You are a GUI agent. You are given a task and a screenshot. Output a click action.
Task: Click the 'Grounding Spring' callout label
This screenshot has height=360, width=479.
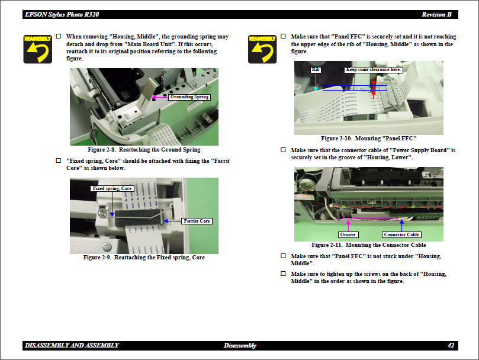pyautogui.click(x=189, y=97)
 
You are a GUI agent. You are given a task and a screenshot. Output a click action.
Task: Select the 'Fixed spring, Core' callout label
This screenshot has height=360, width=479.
pyautogui.click(x=112, y=188)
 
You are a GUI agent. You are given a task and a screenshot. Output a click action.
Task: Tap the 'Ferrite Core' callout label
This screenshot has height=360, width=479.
pyautogui.click(x=197, y=221)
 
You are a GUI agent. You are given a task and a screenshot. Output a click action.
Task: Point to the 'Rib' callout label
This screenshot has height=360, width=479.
pyautogui.click(x=315, y=70)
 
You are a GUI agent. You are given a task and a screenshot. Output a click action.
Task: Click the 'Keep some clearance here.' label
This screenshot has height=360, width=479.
pyautogui.click(x=374, y=70)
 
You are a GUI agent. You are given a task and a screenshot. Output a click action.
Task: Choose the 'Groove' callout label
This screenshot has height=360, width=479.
pyautogui.click(x=348, y=235)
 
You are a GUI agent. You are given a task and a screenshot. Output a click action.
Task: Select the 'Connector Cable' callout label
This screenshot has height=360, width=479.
pyautogui.click(x=401, y=235)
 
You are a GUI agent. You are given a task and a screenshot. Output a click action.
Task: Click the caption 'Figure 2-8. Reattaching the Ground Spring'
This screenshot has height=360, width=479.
pyautogui.click(x=144, y=150)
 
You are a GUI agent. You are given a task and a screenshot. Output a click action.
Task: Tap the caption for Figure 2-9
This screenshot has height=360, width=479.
pyautogui.click(x=144, y=258)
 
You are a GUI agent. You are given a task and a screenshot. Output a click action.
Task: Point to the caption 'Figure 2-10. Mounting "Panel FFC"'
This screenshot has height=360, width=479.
pyautogui.click(x=369, y=138)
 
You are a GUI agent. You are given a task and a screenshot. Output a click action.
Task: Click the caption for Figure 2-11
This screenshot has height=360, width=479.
pyautogui.click(x=368, y=245)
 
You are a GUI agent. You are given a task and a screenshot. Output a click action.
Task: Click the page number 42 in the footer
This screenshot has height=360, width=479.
pyautogui.click(x=451, y=345)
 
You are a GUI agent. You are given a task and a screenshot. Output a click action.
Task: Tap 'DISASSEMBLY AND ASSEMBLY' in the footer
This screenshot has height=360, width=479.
pyautogui.click(x=72, y=345)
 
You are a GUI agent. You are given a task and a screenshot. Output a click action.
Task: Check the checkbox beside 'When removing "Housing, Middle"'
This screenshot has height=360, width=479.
pyautogui.click(x=58, y=37)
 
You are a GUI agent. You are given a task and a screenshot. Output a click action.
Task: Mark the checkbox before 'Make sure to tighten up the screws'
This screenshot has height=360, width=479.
pyautogui.click(x=283, y=274)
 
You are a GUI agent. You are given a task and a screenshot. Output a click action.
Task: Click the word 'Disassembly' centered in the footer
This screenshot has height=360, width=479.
pyautogui.click(x=240, y=345)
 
